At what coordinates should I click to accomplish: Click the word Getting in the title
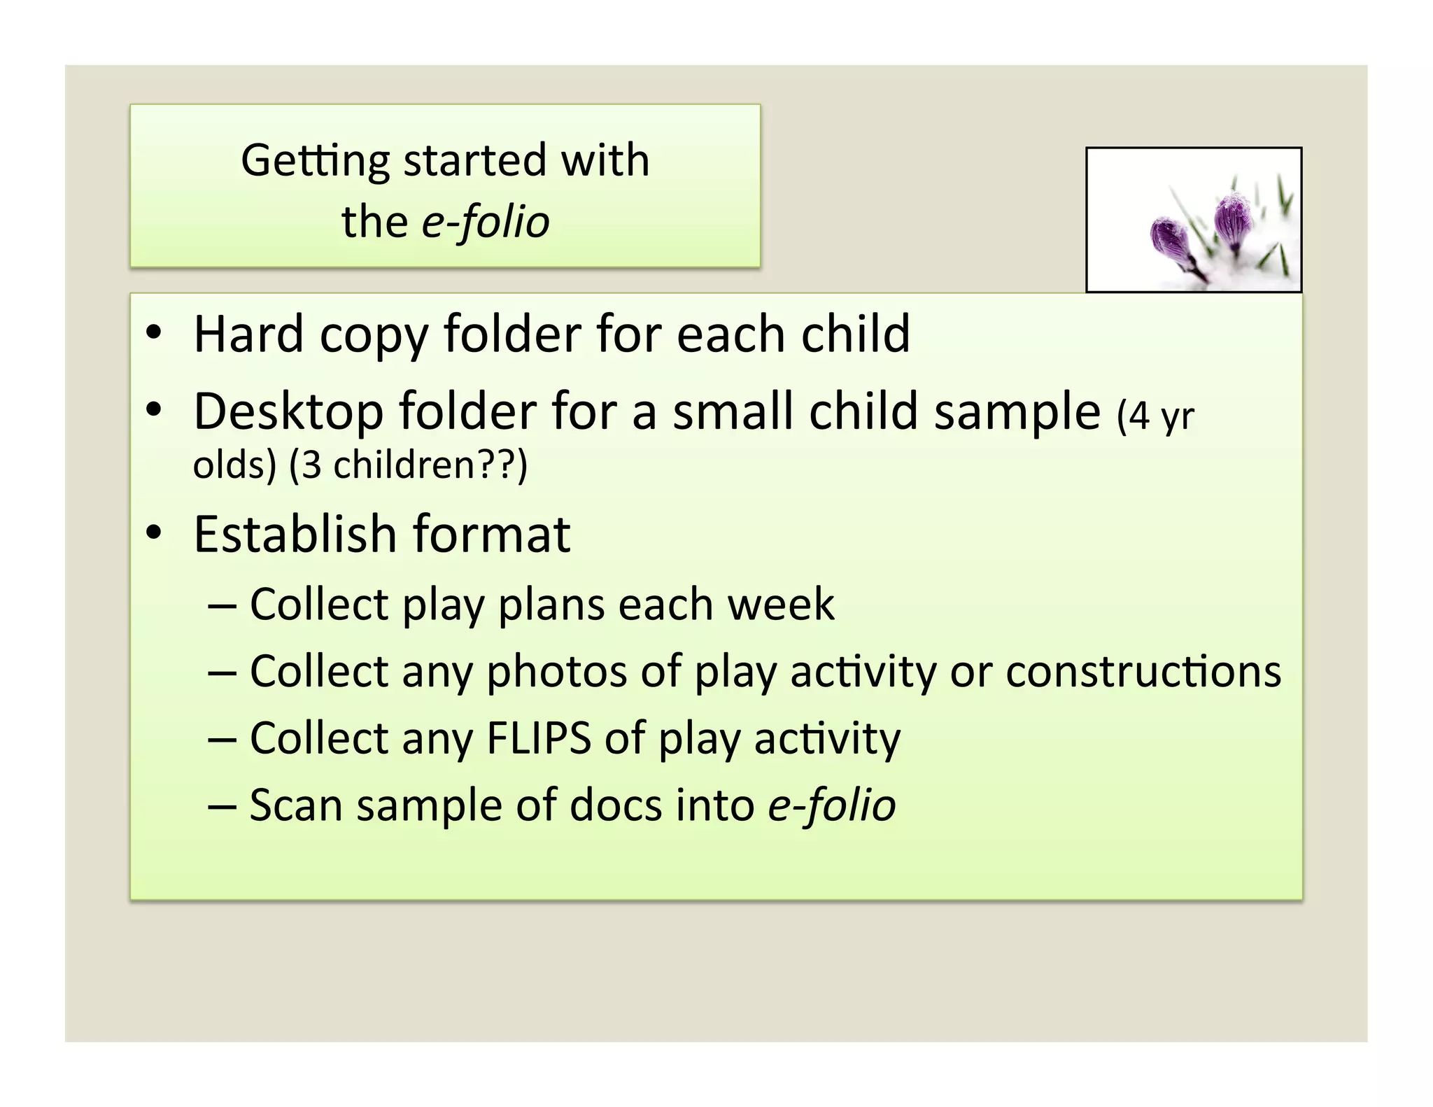(314, 161)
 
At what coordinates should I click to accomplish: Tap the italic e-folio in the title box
(486, 223)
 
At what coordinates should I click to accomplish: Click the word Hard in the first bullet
(248, 334)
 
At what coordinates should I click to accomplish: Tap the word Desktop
(288, 412)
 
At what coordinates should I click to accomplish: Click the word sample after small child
(1017, 412)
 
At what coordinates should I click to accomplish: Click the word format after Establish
(491, 535)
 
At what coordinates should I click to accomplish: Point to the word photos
(556, 672)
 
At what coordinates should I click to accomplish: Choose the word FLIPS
(539, 738)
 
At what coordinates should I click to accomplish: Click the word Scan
(296, 805)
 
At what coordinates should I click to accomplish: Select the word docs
(616, 805)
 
